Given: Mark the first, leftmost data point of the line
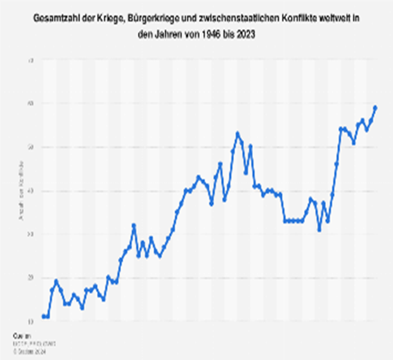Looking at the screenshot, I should [43, 316].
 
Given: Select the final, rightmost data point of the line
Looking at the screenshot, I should [375, 108].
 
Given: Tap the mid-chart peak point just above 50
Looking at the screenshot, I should [237, 134].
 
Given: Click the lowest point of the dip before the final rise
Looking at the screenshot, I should [319, 229].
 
